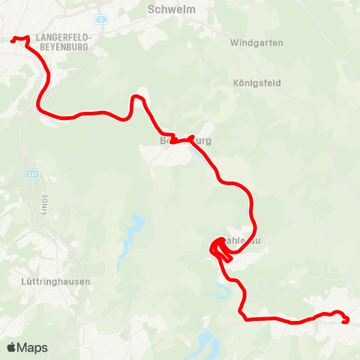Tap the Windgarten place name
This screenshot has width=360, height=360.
point(257,43)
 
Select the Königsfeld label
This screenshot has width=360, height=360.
point(256,82)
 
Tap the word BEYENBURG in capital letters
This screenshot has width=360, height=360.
point(61,46)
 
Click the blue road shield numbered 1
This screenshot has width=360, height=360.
point(102,17)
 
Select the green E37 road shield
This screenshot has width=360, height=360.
point(31,173)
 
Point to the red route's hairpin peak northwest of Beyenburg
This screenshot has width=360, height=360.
point(137,97)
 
